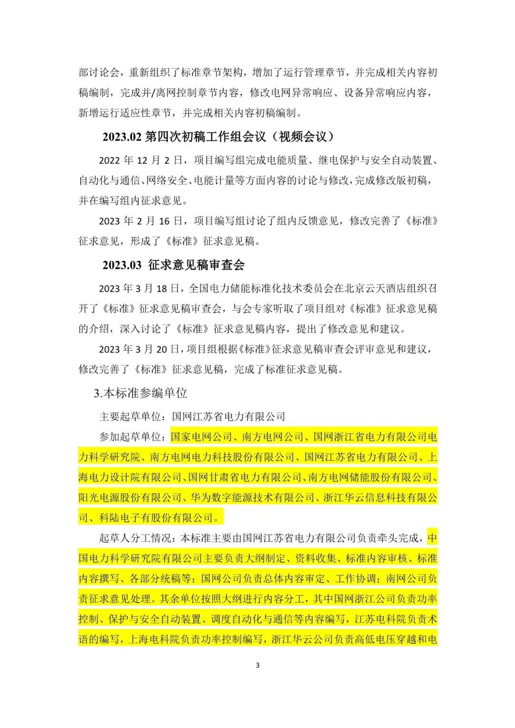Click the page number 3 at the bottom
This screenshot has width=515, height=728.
coord(257,665)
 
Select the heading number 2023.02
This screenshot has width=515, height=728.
coord(122,137)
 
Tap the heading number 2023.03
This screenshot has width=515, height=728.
coord(122,265)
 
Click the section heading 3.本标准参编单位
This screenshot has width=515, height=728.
coord(141,393)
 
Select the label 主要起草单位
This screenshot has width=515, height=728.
coord(130,417)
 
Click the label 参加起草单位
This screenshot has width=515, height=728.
coord(130,437)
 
